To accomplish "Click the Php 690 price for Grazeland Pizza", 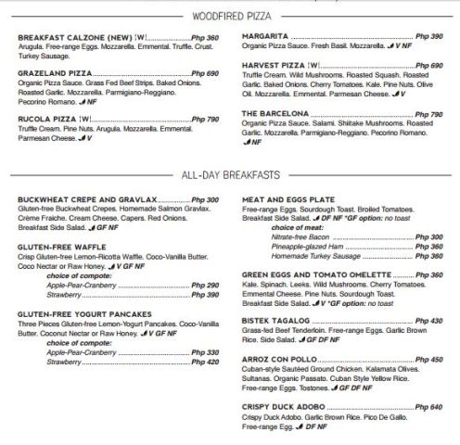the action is [x=205, y=71].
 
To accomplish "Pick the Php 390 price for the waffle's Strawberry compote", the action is [x=205, y=294].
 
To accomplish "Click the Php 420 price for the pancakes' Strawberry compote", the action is [x=205, y=362].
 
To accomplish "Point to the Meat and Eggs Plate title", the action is [x=288, y=199].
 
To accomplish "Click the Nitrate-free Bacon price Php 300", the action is [x=429, y=237].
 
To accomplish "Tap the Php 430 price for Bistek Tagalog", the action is [x=429, y=320].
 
